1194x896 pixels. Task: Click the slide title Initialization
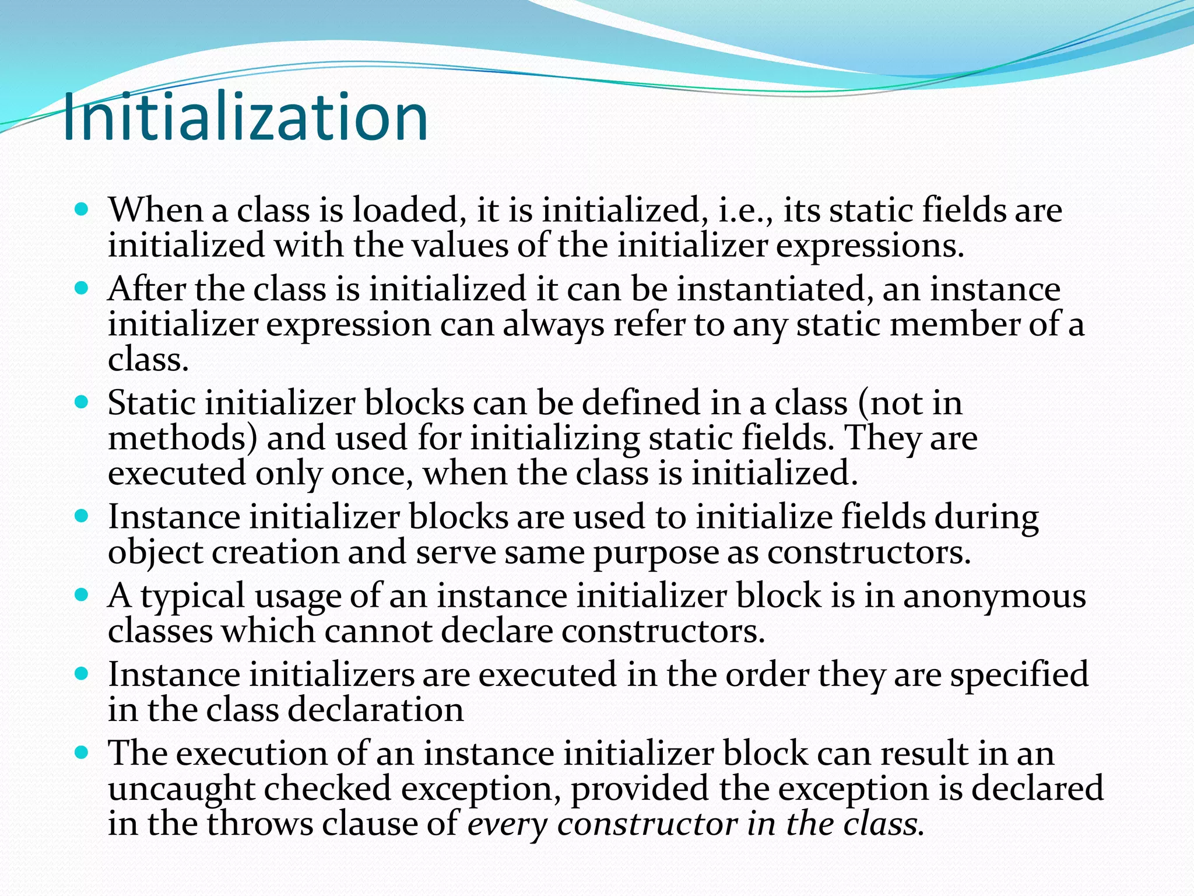click(x=245, y=118)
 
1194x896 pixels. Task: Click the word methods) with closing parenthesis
click(x=182, y=438)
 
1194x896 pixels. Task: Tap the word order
click(x=767, y=675)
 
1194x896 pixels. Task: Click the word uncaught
click(x=181, y=789)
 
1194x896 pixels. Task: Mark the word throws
click(x=260, y=824)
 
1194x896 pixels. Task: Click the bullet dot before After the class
click(x=82, y=288)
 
